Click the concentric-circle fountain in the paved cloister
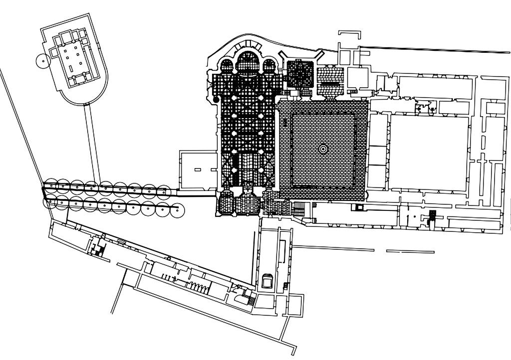(x=323, y=149)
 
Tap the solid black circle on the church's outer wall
(x=216, y=100)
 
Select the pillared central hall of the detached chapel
(x=74, y=60)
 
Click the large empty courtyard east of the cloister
(x=429, y=152)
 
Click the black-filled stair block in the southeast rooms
(x=433, y=215)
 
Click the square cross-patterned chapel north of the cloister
(x=299, y=73)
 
